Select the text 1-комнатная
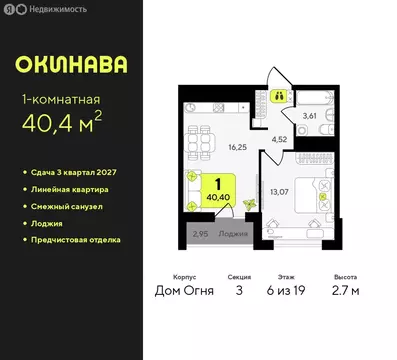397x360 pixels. click(61, 98)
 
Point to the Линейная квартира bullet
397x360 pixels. click(76, 189)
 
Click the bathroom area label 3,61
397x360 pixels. click(310, 117)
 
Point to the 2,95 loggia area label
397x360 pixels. click(199, 237)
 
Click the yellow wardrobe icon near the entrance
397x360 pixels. click(280, 96)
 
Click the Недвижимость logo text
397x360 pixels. click(52, 9)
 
